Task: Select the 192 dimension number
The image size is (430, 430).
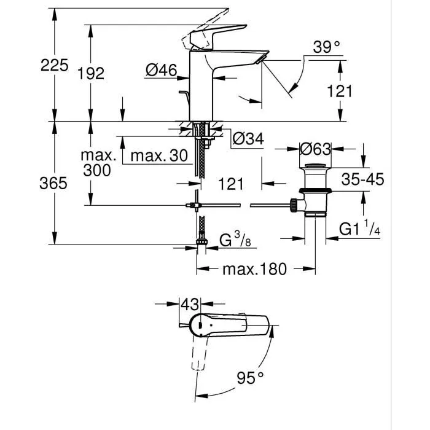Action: coord(92,73)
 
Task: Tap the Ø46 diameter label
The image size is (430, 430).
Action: coord(161,71)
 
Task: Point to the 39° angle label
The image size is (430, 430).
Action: coord(326,47)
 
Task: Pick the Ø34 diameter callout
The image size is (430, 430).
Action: coord(248,139)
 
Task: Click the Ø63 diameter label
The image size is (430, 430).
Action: coord(315,149)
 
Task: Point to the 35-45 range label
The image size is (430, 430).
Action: coord(362,179)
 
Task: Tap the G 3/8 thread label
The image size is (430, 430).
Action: coord(235,240)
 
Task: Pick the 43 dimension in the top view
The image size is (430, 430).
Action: coord(190,303)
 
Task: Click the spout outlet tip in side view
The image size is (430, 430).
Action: coord(264,57)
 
